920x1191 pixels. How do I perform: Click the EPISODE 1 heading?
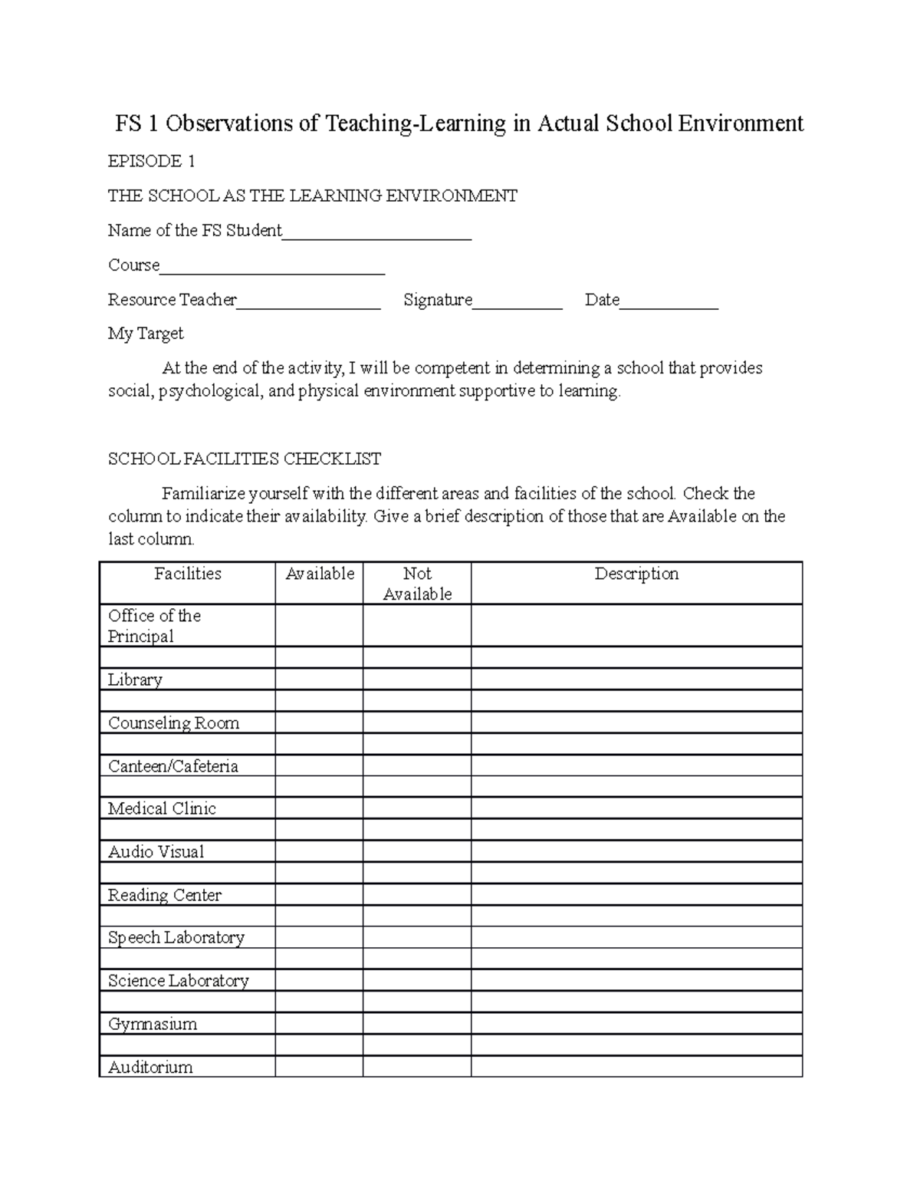[151, 161]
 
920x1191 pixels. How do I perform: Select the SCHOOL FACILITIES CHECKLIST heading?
[245, 459]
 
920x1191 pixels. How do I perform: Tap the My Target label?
[146, 334]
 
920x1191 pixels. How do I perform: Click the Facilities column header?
[187, 574]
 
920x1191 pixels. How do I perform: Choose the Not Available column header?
[417, 584]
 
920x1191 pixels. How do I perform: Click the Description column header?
[636, 574]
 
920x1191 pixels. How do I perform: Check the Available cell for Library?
[319, 679]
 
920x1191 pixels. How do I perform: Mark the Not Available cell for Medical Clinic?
[417, 808]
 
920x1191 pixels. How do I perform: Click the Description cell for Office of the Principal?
[636, 626]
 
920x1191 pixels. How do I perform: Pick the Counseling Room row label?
[173, 723]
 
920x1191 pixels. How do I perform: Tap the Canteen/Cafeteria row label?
[172, 766]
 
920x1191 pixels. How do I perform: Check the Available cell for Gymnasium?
[319, 1024]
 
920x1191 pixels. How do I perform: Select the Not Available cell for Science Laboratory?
[417, 981]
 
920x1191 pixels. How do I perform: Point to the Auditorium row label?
[150, 1067]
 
